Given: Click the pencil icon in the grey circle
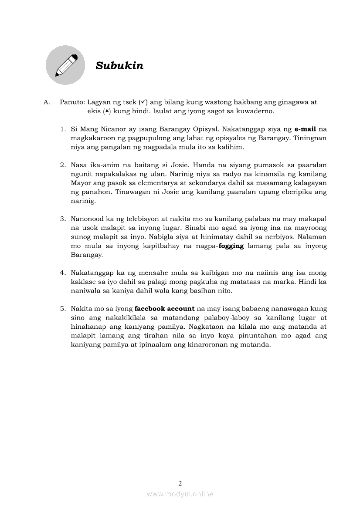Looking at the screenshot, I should tap(65, 65).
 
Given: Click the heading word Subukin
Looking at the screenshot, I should tap(119, 66).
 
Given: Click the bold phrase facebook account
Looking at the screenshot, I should tap(165, 308).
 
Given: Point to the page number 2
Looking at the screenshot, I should tap(180, 483).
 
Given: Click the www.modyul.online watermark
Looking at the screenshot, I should tap(180, 494).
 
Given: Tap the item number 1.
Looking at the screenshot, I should tap(62, 129).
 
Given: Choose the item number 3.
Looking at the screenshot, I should tap(62, 219).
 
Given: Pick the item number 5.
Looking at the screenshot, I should tap(62, 308).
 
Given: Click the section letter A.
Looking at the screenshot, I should tap(46, 102).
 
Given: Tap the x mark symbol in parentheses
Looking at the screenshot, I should tap(107, 111).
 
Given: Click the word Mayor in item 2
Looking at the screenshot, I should tap(81, 183).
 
